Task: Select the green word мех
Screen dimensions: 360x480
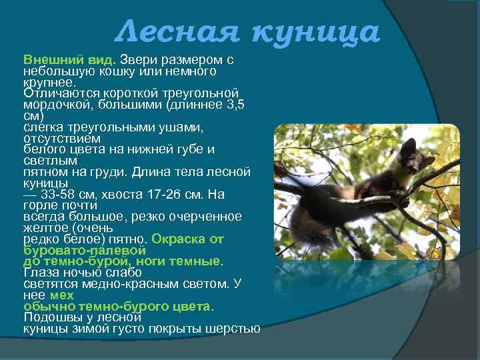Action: (62, 295)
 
